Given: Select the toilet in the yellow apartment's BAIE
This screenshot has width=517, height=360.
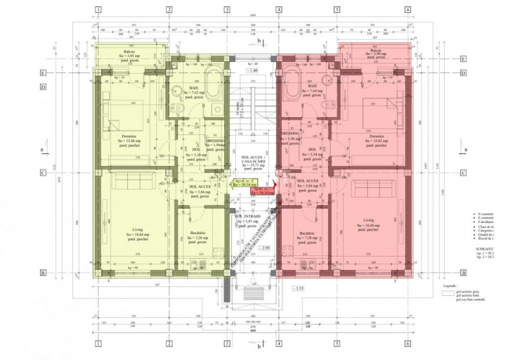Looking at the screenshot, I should [176, 107].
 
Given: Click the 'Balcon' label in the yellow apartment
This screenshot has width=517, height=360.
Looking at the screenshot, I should [129, 51].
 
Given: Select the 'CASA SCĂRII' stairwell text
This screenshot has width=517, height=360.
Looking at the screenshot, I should [252, 160].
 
